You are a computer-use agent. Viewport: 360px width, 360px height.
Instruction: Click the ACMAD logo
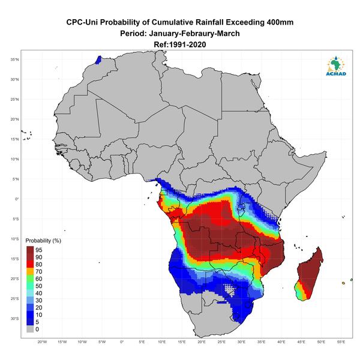[x=336, y=66]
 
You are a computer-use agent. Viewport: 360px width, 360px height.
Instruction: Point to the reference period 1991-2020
[x=187, y=44]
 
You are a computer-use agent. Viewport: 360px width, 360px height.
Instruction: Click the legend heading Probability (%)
[x=43, y=241]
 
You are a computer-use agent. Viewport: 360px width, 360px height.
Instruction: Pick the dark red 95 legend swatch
[x=30, y=250]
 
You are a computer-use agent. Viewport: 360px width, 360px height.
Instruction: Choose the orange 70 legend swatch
[x=30, y=271]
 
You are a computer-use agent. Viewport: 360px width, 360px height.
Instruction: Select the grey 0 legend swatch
[x=30, y=329]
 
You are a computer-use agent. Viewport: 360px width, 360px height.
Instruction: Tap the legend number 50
[x=39, y=286]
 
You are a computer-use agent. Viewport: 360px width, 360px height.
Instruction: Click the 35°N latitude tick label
[x=14, y=59]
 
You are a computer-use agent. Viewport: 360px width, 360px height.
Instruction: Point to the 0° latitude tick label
[x=17, y=199]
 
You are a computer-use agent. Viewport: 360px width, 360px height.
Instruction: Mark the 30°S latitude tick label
[x=14, y=319]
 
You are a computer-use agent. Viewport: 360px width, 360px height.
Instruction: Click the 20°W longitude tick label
[x=42, y=342]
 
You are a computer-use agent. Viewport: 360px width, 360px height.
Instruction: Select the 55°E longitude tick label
[x=341, y=342]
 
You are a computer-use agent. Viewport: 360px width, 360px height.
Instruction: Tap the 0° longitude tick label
[x=122, y=342]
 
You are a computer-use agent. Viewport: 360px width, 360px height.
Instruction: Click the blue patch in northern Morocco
[x=98, y=60]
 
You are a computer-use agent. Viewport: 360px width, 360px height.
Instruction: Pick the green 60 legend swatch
[x=30, y=279]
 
